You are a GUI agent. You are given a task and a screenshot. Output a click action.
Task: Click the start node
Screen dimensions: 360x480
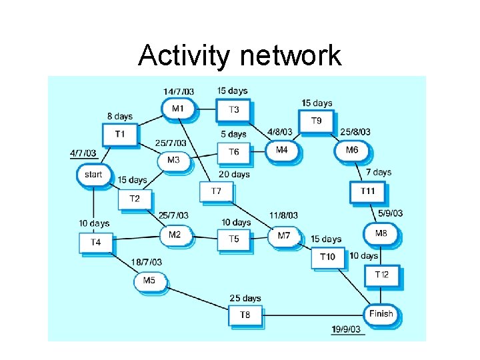click(x=93, y=175)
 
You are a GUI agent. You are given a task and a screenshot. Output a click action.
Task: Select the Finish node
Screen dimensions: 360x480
click(x=381, y=313)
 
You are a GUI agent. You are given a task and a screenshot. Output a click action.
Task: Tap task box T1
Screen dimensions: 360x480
click(x=119, y=134)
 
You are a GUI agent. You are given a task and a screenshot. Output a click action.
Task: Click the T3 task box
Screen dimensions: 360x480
click(x=233, y=110)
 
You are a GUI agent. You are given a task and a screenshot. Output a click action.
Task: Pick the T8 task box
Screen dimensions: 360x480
click(x=245, y=315)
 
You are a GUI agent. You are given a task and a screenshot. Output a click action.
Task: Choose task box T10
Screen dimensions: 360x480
click(x=327, y=257)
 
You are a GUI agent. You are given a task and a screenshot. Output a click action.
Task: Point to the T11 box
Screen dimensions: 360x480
click(x=367, y=191)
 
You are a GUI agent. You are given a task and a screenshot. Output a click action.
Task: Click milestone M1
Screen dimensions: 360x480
click(x=178, y=109)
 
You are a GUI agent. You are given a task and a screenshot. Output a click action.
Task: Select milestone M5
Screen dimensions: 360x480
click(x=149, y=281)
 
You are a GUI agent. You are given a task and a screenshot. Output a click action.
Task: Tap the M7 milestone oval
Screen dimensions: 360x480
click(x=285, y=235)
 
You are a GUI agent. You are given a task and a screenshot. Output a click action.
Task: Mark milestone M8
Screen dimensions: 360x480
click(x=381, y=233)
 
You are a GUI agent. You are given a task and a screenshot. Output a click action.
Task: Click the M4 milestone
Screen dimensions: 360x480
click(x=282, y=150)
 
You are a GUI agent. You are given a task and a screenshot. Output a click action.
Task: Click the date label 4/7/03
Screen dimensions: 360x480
click(x=83, y=153)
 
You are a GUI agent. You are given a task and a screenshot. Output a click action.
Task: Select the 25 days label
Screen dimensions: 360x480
click(x=245, y=298)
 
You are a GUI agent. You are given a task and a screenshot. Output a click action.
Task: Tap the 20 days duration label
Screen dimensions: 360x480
click(x=234, y=174)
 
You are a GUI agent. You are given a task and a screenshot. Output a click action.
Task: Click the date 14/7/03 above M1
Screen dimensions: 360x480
click(x=179, y=91)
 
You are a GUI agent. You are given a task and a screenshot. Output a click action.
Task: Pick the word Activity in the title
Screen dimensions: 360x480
click(x=183, y=56)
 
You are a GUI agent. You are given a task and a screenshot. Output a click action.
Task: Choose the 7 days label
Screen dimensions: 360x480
click(x=378, y=172)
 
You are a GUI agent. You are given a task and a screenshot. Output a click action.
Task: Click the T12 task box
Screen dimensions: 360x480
click(x=381, y=275)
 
